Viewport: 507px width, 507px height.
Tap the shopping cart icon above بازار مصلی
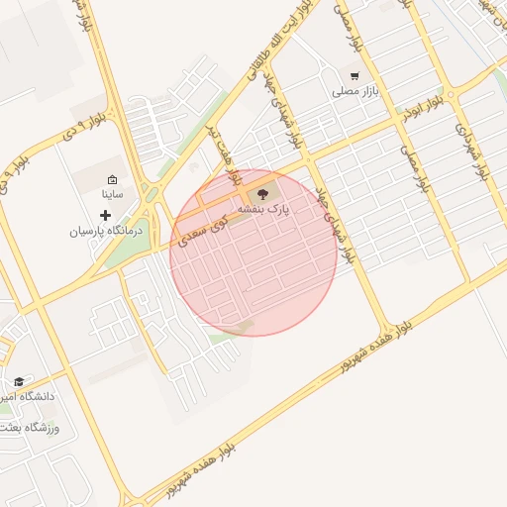(355, 75)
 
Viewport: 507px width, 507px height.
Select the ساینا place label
(112, 195)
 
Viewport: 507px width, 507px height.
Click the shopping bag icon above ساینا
(112, 180)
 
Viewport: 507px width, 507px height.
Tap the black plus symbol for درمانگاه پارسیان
(106, 215)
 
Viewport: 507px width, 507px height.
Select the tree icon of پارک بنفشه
(263, 194)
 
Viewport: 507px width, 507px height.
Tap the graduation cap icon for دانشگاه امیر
(19, 381)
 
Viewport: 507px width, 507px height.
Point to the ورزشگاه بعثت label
(30, 428)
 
